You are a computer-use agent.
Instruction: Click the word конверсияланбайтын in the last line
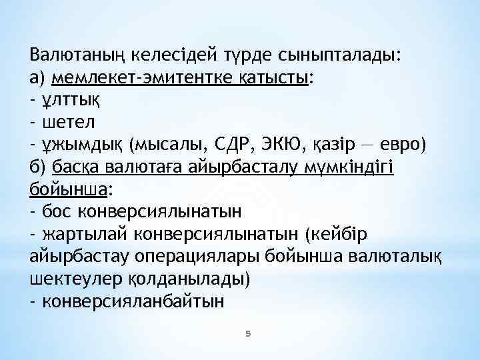click(x=133, y=301)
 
